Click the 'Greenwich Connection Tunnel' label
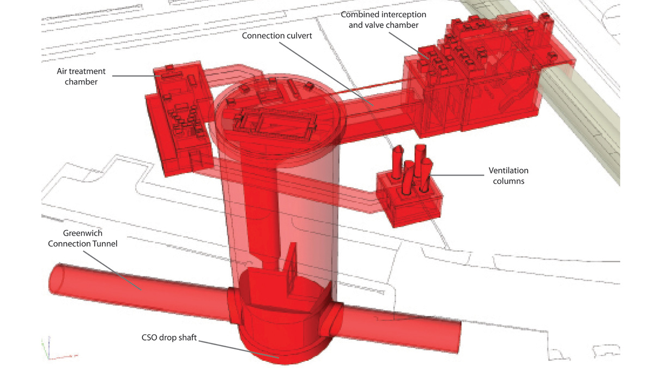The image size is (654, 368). tap(82, 238)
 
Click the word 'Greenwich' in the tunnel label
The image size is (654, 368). tap(83, 233)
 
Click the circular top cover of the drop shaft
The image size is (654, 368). tap(278, 117)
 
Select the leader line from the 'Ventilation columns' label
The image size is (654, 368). tap(458, 175)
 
